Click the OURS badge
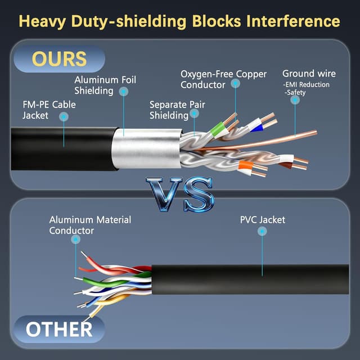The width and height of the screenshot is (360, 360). (x=59, y=59)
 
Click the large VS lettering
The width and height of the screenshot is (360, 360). (x=180, y=195)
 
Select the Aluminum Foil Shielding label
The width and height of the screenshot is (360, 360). (x=105, y=85)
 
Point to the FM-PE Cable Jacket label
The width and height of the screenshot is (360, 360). (x=49, y=110)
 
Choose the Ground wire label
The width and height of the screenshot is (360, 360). (x=309, y=74)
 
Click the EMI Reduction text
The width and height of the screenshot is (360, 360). (x=307, y=84)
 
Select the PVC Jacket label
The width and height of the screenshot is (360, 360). (x=262, y=219)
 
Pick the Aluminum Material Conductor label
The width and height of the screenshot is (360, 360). (x=90, y=225)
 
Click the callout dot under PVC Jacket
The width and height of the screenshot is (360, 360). (x=262, y=231)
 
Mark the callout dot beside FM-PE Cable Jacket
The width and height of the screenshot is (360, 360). (x=64, y=116)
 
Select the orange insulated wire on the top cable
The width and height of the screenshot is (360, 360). (x=246, y=165)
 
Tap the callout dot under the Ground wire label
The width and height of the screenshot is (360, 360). (x=294, y=100)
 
